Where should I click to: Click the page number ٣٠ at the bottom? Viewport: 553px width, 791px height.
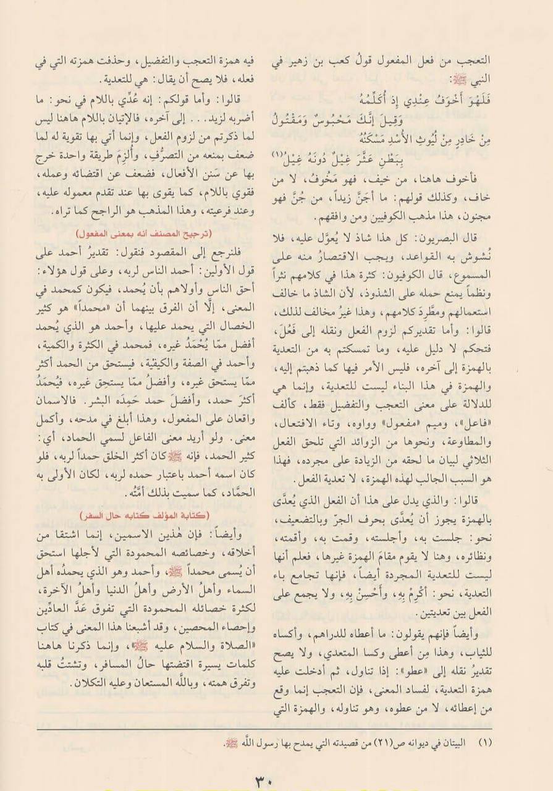[x=277, y=779]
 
